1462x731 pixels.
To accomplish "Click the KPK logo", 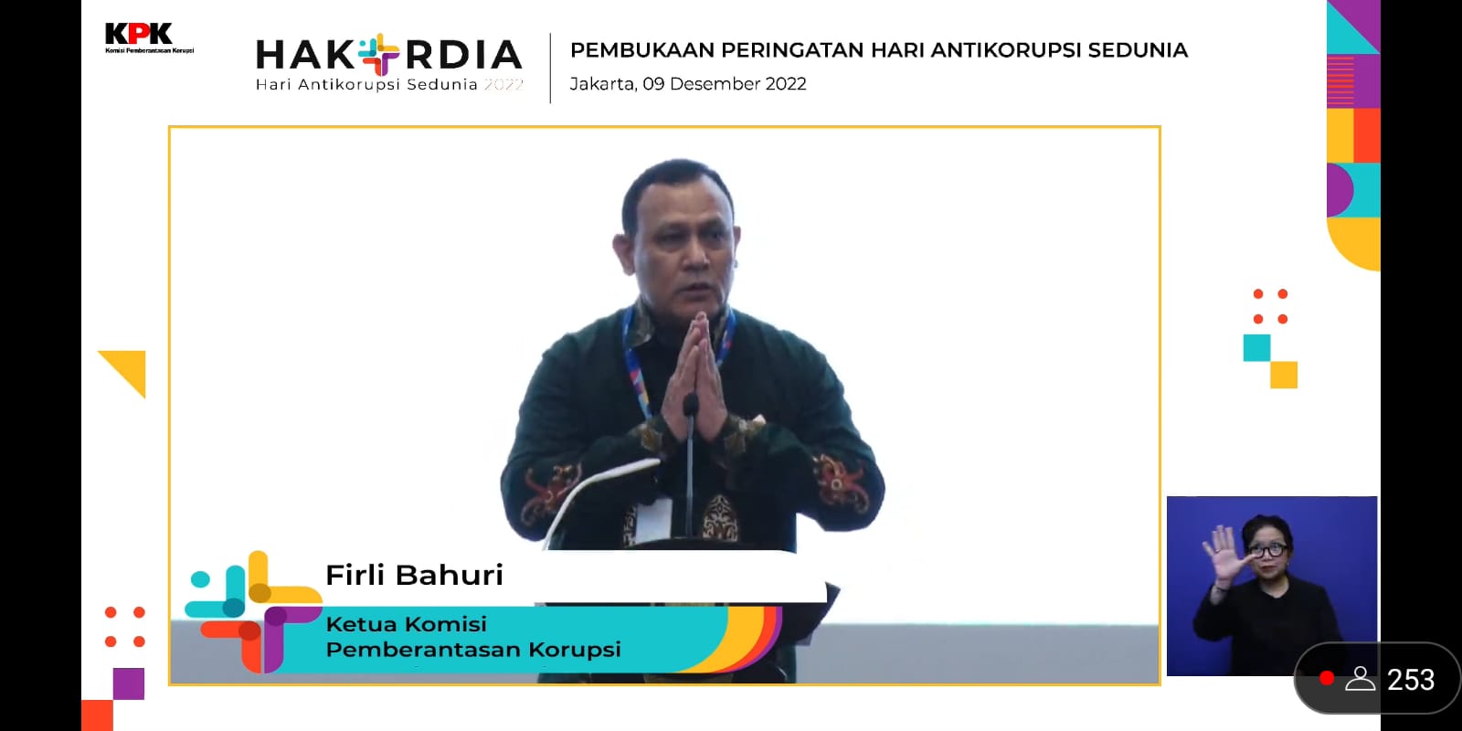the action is pyautogui.click(x=149, y=37).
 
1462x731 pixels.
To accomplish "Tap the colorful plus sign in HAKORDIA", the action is pyautogui.click(x=379, y=54).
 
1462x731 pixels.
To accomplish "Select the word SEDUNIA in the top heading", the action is pyautogui.click(x=1138, y=50).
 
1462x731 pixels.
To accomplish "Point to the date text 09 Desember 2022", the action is pyautogui.click(x=725, y=83).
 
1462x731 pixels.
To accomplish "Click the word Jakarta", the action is pyautogui.click(x=603, y=84).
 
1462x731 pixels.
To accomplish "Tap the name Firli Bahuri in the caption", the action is pyautogui.click(x=415, y=575).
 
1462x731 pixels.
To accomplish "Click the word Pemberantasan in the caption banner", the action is pyautogui.click(x=424, y=650).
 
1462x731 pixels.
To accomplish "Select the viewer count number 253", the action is pyautogui.click(x=1411, y=680).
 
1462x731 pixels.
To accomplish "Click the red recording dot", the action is pyautogui.click(x=1326, y=678).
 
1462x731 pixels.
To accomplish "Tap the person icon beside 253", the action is pyautogui.click(x=1361, y=679).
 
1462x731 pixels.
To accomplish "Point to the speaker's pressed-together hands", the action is pyautogui.click(x=694, y=376).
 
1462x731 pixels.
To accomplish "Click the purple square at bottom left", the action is pyautogui.click(x=129, y=683).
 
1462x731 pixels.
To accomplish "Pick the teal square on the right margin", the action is pyautogui.click(x=1257, y=348).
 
